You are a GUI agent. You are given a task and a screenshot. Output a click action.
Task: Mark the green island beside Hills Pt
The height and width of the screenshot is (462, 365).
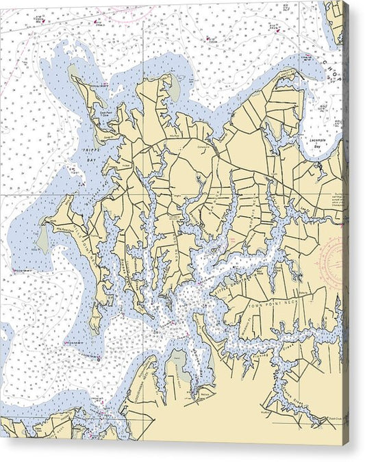[x=42, y=240]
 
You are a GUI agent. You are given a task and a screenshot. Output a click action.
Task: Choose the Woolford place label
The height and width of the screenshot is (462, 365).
[x=263, y=413]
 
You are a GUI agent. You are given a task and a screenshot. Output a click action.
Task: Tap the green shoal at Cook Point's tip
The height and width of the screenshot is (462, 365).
[x=73, y=70]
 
